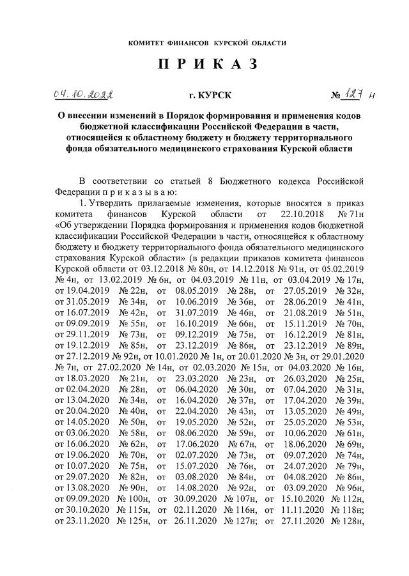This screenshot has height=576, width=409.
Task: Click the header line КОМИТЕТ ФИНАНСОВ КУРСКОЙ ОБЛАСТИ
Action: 204,43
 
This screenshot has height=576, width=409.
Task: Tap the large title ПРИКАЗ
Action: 204,64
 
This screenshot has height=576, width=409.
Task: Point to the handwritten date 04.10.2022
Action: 81,95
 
